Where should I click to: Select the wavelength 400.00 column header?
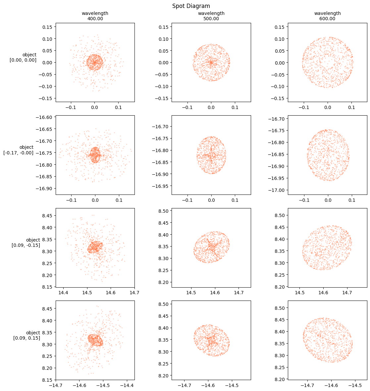click(95, 16)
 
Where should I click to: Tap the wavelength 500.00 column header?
click(211, 16)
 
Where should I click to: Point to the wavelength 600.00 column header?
click(328, 16)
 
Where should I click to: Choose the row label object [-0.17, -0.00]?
click(19, 150)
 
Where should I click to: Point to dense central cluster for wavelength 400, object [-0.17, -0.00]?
click(95, 155)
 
